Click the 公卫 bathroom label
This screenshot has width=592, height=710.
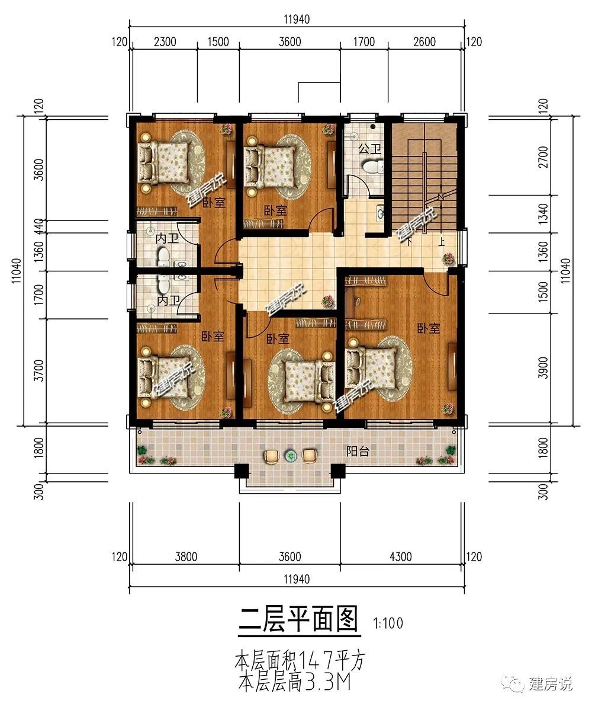tap(369, 149)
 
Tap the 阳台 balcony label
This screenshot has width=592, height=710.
tap(358, 451)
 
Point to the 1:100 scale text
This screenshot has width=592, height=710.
tap(388, 623)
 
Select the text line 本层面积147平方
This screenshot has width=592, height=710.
tap(300, 661)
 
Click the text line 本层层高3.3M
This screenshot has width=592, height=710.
tap(295, 682)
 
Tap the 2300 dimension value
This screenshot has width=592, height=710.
tap(165, 41)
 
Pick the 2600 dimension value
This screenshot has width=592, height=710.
tap(424, 41)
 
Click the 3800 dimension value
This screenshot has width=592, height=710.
tap(186, 556)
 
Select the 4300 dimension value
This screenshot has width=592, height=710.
tap(400, 556)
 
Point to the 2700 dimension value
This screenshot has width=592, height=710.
tap(543, 156)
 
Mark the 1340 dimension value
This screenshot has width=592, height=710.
tap(543, 215)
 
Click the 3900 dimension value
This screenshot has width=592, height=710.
tap(543, 367)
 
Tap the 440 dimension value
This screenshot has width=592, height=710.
tap(39, 226)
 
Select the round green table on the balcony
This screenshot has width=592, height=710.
tap(290, 456)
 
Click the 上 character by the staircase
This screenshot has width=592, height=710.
tap(442, 241)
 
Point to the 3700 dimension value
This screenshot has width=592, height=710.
tap(39, 370)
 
